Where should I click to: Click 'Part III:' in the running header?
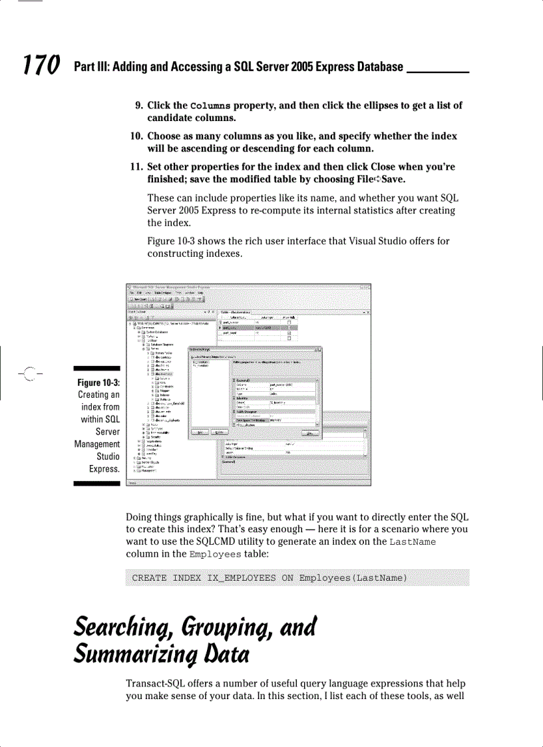(93, 67)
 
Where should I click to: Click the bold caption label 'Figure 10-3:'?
(98, 382)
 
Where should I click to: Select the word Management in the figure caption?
(97, 444)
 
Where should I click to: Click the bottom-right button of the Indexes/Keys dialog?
(309, 433)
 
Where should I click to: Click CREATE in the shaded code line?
(149, 577)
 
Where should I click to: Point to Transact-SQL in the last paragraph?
(156, 684)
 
